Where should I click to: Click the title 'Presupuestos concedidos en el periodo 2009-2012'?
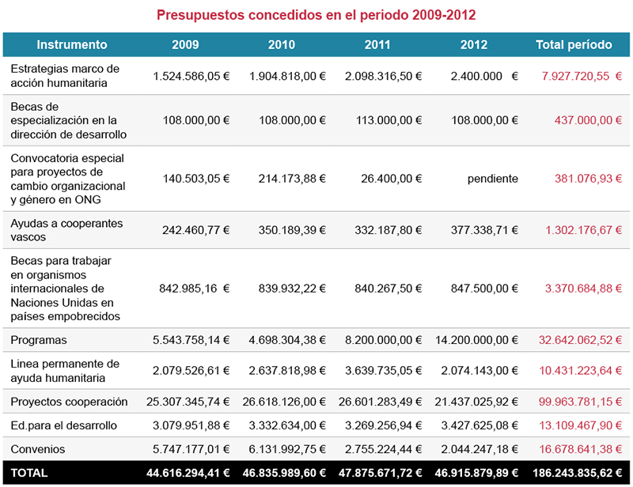coord(316,15)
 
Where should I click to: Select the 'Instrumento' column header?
coord(72,44)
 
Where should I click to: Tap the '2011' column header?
coord(377,44)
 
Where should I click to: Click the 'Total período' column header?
coord(574,44)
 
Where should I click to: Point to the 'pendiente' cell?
coord(492,179)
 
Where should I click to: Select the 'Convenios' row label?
coord(38,449)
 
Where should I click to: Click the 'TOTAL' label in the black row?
coord(29,473)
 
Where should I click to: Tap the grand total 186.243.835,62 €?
coord(576,473)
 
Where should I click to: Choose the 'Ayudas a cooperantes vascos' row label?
coord(66,230)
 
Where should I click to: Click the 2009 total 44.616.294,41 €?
coord(189,473)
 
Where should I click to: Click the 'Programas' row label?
coord(39,340)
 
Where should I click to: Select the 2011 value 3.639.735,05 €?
coord(383,371)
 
